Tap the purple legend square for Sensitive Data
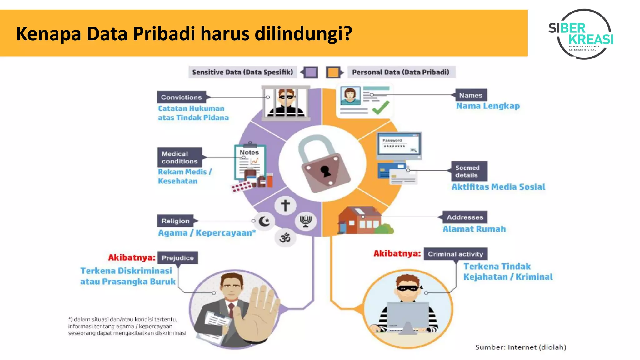[x=311, y=72]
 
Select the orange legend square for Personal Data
[x=333, y=72]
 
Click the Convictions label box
[x=182, y=97]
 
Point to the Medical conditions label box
[x=180, y=157]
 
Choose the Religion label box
[x=175, y=221]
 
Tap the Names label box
[x=471, y=95]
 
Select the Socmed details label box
[x=469, y=171]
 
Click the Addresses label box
[x=465, y=217]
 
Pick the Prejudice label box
[x=177, y=258]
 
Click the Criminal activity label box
[x=455, y=254]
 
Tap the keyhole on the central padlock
[x=326, y=171]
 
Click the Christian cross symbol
[x=285, y=205]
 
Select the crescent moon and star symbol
[x=265, y=221]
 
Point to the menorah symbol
[x=306, y=221]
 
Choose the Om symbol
[x=285, y=238]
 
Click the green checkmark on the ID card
[x=381, y=107]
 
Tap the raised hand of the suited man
[x=256, y=316]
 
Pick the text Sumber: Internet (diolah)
[x=521, y=347]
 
